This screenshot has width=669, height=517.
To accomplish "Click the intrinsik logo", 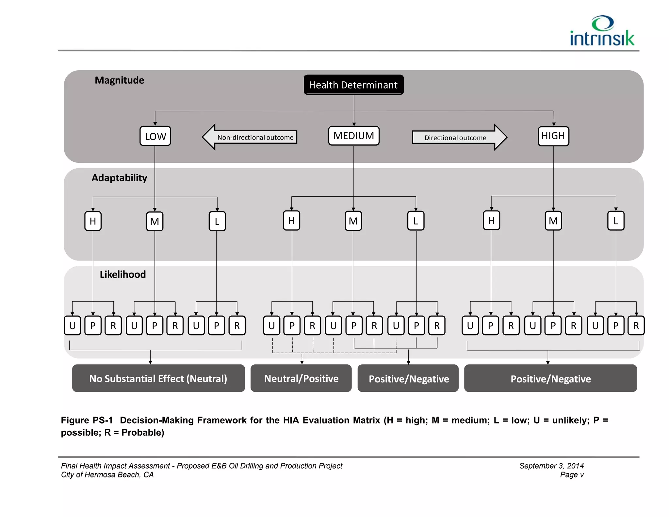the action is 602,31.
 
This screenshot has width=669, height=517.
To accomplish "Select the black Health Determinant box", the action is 353,85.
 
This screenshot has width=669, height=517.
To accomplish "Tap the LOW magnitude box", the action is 155,136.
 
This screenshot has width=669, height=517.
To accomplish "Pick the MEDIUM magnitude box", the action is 353,136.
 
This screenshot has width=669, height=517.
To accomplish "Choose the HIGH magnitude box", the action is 553,136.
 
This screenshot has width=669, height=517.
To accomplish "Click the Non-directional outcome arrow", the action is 250,137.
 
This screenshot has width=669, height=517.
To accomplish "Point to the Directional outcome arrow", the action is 459,138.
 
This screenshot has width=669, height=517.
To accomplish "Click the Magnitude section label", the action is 119,80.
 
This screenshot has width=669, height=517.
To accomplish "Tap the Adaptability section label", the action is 119,178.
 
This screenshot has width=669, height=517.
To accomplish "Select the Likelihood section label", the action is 122,275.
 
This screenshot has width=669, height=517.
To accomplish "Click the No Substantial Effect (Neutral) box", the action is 158,378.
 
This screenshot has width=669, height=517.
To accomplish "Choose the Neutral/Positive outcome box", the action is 301,378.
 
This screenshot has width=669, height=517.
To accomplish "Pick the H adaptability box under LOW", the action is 93,221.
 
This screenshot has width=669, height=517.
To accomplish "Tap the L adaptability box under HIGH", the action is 615,221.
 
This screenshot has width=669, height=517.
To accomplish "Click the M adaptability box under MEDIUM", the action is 353,221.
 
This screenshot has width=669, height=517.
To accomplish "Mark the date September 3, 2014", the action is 551,466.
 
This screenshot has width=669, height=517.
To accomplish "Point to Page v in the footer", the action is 572,475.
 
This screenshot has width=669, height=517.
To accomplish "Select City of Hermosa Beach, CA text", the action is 107,475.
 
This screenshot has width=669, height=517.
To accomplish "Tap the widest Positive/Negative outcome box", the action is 550,378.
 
